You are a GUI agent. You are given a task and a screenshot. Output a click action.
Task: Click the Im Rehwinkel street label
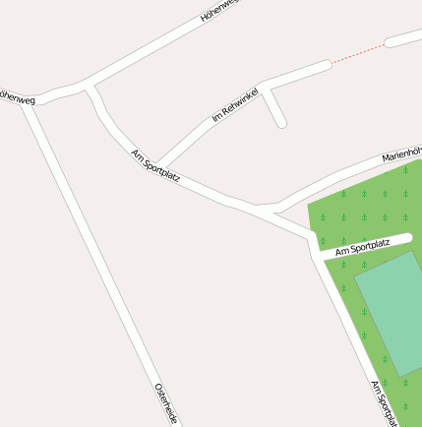click(235, 104)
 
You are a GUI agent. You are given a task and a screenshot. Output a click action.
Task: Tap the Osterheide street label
click(165, 404)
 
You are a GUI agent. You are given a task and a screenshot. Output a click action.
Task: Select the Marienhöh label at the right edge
click(401, 154)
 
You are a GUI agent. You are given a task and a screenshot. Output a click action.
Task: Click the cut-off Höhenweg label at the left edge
click(17, 98)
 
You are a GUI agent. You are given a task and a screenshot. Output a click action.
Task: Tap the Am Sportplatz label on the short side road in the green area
click(362, 246)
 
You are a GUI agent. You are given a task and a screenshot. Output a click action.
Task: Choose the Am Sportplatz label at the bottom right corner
click(385, 403)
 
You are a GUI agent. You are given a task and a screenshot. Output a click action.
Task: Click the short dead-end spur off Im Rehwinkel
click(274, 107)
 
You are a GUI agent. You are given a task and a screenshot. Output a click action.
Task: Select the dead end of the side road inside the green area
click(407, 238)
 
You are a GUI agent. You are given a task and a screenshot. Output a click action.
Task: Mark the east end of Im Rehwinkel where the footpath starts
click(327, 65)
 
